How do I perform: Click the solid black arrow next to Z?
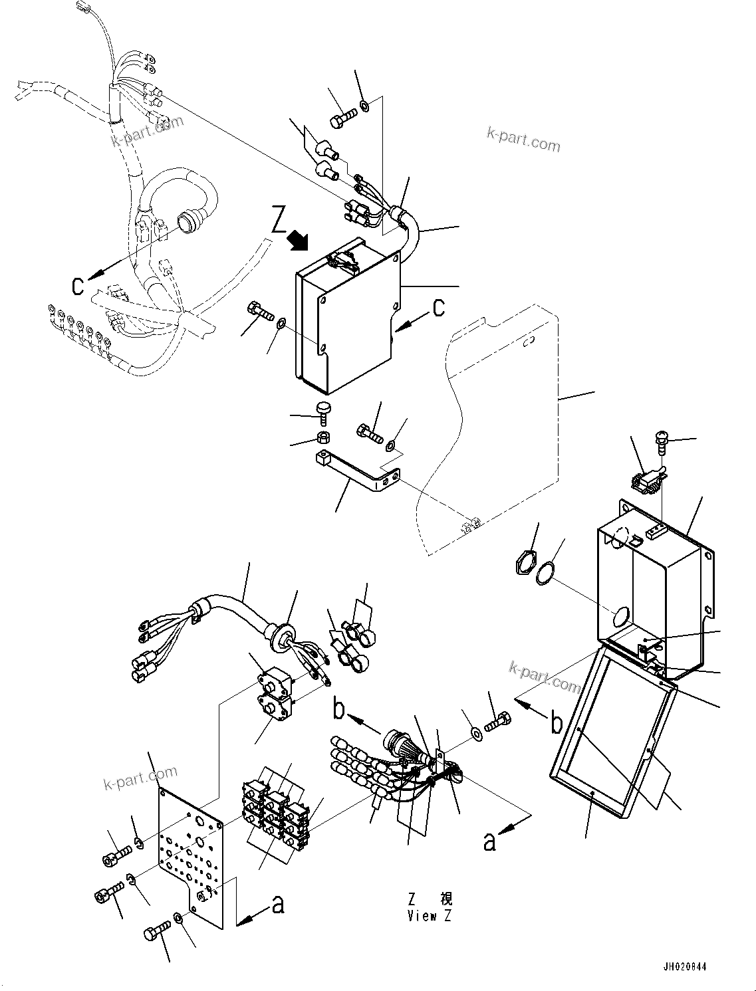tap(297, 240)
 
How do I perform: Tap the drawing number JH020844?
tap(684, 966)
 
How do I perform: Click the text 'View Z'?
tap(430, 916)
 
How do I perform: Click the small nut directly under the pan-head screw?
tap(322, 438)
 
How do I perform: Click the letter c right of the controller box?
tap(439, 308)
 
